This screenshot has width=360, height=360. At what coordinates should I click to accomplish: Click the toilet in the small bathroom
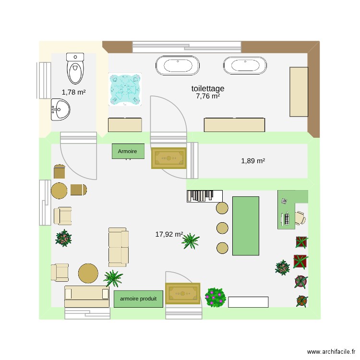[75, 69]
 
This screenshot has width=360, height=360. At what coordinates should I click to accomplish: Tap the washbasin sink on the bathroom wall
[60, 109]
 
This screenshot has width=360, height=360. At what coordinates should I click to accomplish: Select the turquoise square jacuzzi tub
[125, 89]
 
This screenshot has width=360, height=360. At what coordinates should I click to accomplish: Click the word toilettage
[208, 88]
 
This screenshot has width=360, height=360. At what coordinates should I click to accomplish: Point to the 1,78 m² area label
[73, 92]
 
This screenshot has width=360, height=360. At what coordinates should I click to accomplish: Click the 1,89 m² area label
[253, 161]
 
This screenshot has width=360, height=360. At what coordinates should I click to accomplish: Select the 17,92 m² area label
[169, 234]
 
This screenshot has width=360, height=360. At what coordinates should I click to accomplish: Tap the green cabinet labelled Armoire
[128, 151]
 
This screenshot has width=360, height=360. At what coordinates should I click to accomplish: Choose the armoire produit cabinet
[138, 299]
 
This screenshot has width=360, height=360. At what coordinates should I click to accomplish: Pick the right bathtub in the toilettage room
[244, 65]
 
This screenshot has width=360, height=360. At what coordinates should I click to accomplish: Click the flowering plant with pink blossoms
[216, 297]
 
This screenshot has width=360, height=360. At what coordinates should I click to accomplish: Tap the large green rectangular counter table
[246, 226]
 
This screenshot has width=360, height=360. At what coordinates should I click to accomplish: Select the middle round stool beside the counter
[222, 228]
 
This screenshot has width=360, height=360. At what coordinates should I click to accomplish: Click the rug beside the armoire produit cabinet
[182, 293]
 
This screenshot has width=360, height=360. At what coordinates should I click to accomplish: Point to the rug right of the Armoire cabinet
[168, 158]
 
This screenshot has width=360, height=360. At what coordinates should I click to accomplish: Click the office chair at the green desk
[300, 218]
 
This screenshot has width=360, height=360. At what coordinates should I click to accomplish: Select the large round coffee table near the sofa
[88, 273]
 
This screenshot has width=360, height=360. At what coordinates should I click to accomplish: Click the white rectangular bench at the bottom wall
[248, 301]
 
